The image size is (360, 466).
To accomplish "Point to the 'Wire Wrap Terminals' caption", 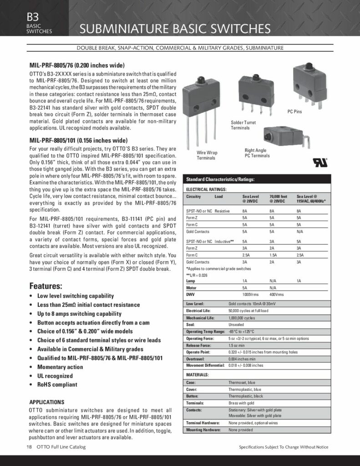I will point(206,155).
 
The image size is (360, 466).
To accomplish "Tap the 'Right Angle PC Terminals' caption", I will point(257,153).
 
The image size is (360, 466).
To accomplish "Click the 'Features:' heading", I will point(46,287).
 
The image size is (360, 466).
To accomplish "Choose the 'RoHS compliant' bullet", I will point(57,385).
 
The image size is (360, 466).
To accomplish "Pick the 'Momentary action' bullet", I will point(60,367).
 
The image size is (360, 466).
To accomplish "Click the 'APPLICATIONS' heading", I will point(47,402).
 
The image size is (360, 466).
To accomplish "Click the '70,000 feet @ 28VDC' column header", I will point(278,198).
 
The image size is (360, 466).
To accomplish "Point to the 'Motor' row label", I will point(192,288).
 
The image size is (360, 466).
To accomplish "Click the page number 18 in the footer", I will point(29,447).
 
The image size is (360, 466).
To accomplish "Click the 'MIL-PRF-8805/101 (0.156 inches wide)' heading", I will point(78,140).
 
